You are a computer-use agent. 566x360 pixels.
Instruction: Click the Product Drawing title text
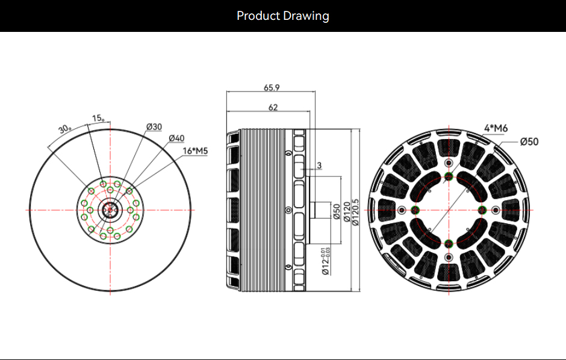pyautogui.click(x=282, y=16)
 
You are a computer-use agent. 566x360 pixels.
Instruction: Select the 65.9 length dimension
pyautogui.click(x=272, y=87)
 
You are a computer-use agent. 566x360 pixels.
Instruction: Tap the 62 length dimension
pyautogui.click(x=273, y=107)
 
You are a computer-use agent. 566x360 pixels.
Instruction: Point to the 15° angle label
pyautogui.click(x=98, y=118)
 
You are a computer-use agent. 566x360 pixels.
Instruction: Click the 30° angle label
pyautogui.click(x=64, y=129)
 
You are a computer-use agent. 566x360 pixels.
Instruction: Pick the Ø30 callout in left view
pyautogui.click(x=154, y=126)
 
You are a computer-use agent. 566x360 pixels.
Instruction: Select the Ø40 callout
pyautogui.click(x=176, y=138)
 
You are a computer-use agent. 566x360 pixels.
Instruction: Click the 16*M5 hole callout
pyautogui.click(x=195, y=151)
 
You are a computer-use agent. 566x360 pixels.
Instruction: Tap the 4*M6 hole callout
pyautogui.click(x=496, y=128)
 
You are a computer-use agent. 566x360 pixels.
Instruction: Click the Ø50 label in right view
pyautogui.click(x=529, y=141)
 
